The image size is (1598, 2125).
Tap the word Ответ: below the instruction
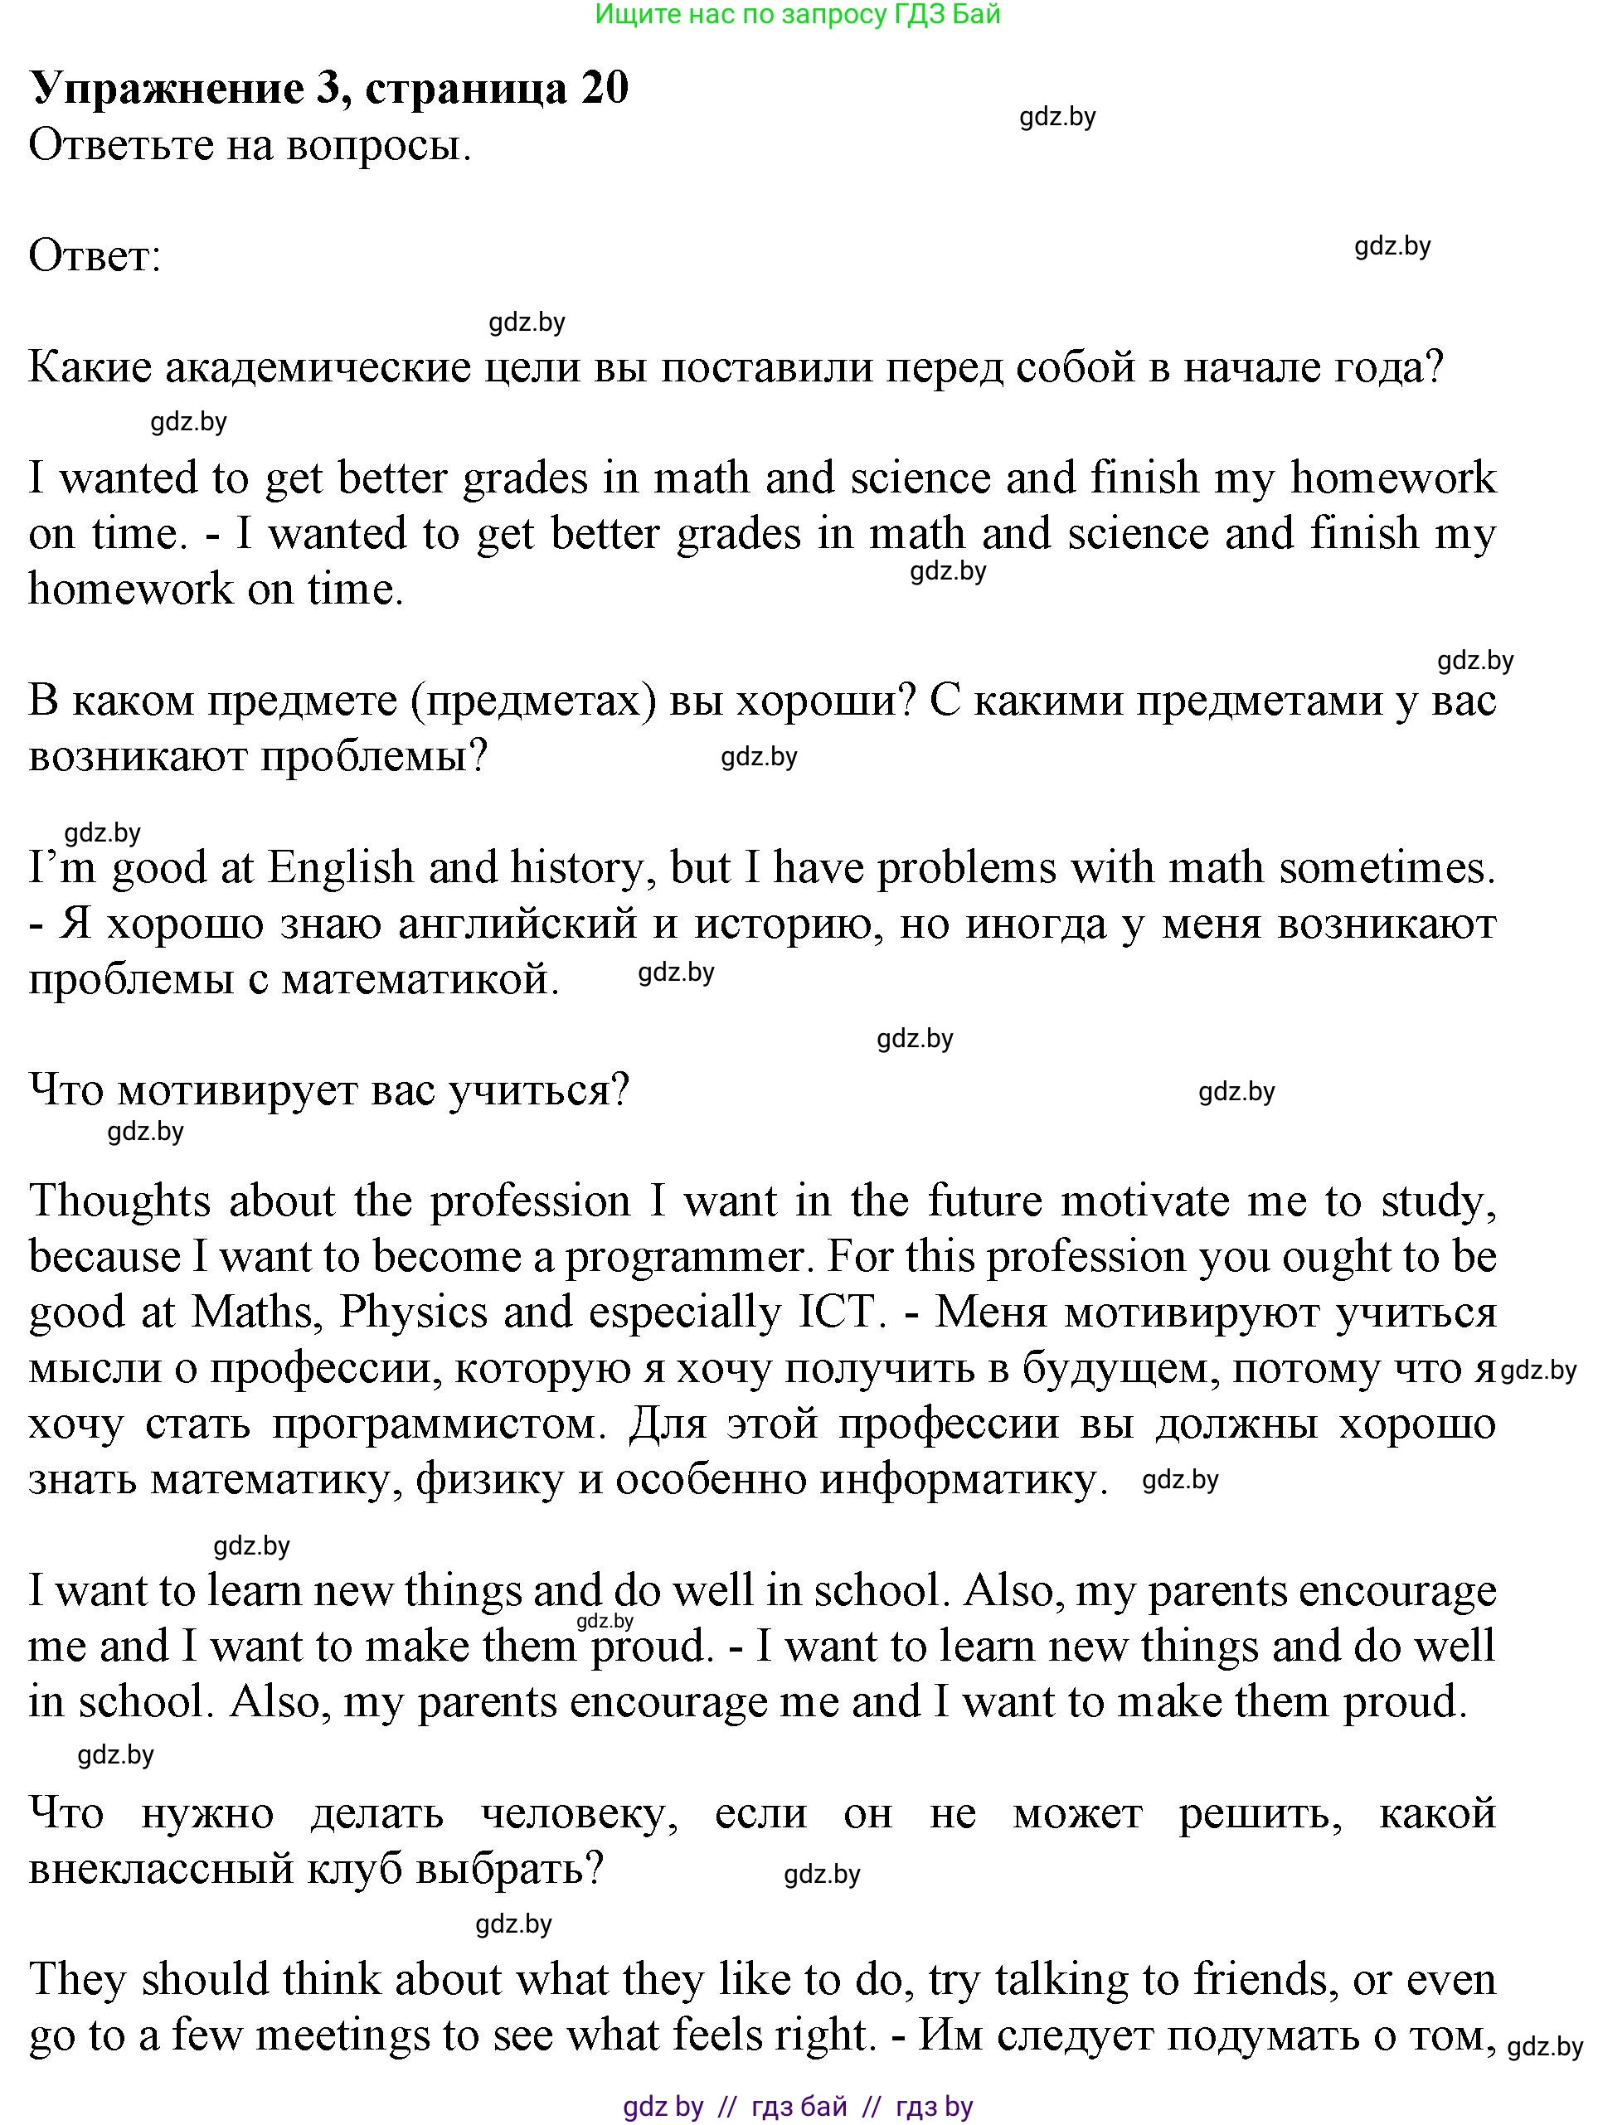95,256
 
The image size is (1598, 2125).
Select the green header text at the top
798,14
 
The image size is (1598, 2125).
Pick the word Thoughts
120,1201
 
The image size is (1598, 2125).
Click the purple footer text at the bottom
798,2107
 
